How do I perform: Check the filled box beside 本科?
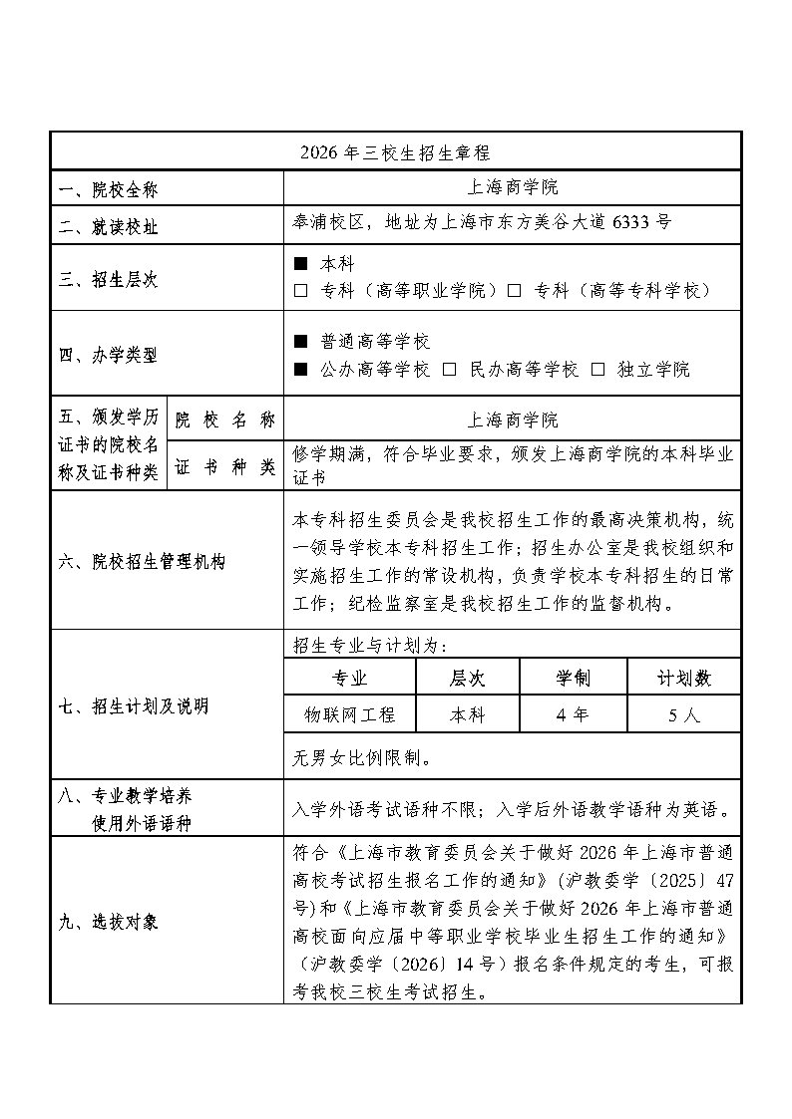pyautogui.click(x=301, y=265)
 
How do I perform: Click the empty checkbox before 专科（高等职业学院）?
pyautogui.click(x=301, y=291)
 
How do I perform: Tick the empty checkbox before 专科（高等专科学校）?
pyautogui.click(x=515, y=291)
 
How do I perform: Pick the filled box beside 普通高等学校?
pyautogui.click(x=301, y=342)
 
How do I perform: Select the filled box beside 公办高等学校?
pyautogui.click(x=301, y=370)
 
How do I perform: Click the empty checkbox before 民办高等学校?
pyautogui.click(x=450, y=370)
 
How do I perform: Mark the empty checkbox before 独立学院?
pyautogui.click(x=598, y=370)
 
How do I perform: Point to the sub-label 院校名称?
pyautogui.click(x=225, y=420)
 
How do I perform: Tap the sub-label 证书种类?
pyautogui.click(x=225, y=467)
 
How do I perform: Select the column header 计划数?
pyautogui.click(x=683, y=679)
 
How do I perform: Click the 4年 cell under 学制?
pyautogui.click(x=573, y=714)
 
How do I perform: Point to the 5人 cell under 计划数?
pyautogui.click(x=683, y=714)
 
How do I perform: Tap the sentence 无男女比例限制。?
pyautogui.click(x=362, y=757)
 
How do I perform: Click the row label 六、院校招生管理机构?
pyautogui.click(x=142, y=562)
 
